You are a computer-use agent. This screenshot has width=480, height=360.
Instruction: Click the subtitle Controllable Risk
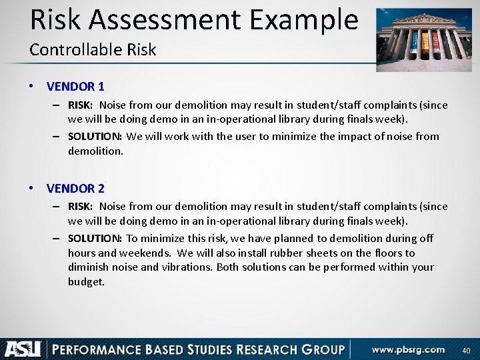(93, 49)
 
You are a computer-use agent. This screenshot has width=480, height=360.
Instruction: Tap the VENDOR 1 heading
(75, 86)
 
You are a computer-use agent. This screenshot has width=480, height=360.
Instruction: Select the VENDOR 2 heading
(75, 188)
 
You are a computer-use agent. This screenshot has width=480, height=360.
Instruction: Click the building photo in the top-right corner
(424, 39)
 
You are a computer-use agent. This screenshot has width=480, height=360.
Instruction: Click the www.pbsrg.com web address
(409, 349)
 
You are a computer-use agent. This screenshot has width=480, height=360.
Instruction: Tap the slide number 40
(466, 351)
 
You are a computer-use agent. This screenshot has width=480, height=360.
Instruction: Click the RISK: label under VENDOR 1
(81, 105)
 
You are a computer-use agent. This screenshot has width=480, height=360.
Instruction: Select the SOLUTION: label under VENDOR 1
(95, 136)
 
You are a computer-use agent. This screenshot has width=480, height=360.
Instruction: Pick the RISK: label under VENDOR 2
(81, 207)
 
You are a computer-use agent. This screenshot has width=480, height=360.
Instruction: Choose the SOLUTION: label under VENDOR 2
(95, 238)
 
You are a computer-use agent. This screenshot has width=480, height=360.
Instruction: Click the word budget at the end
(86, 281)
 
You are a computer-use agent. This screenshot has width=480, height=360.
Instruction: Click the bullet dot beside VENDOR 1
(32, 87)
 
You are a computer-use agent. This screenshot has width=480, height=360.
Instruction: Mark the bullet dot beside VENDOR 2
(32, 189)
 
